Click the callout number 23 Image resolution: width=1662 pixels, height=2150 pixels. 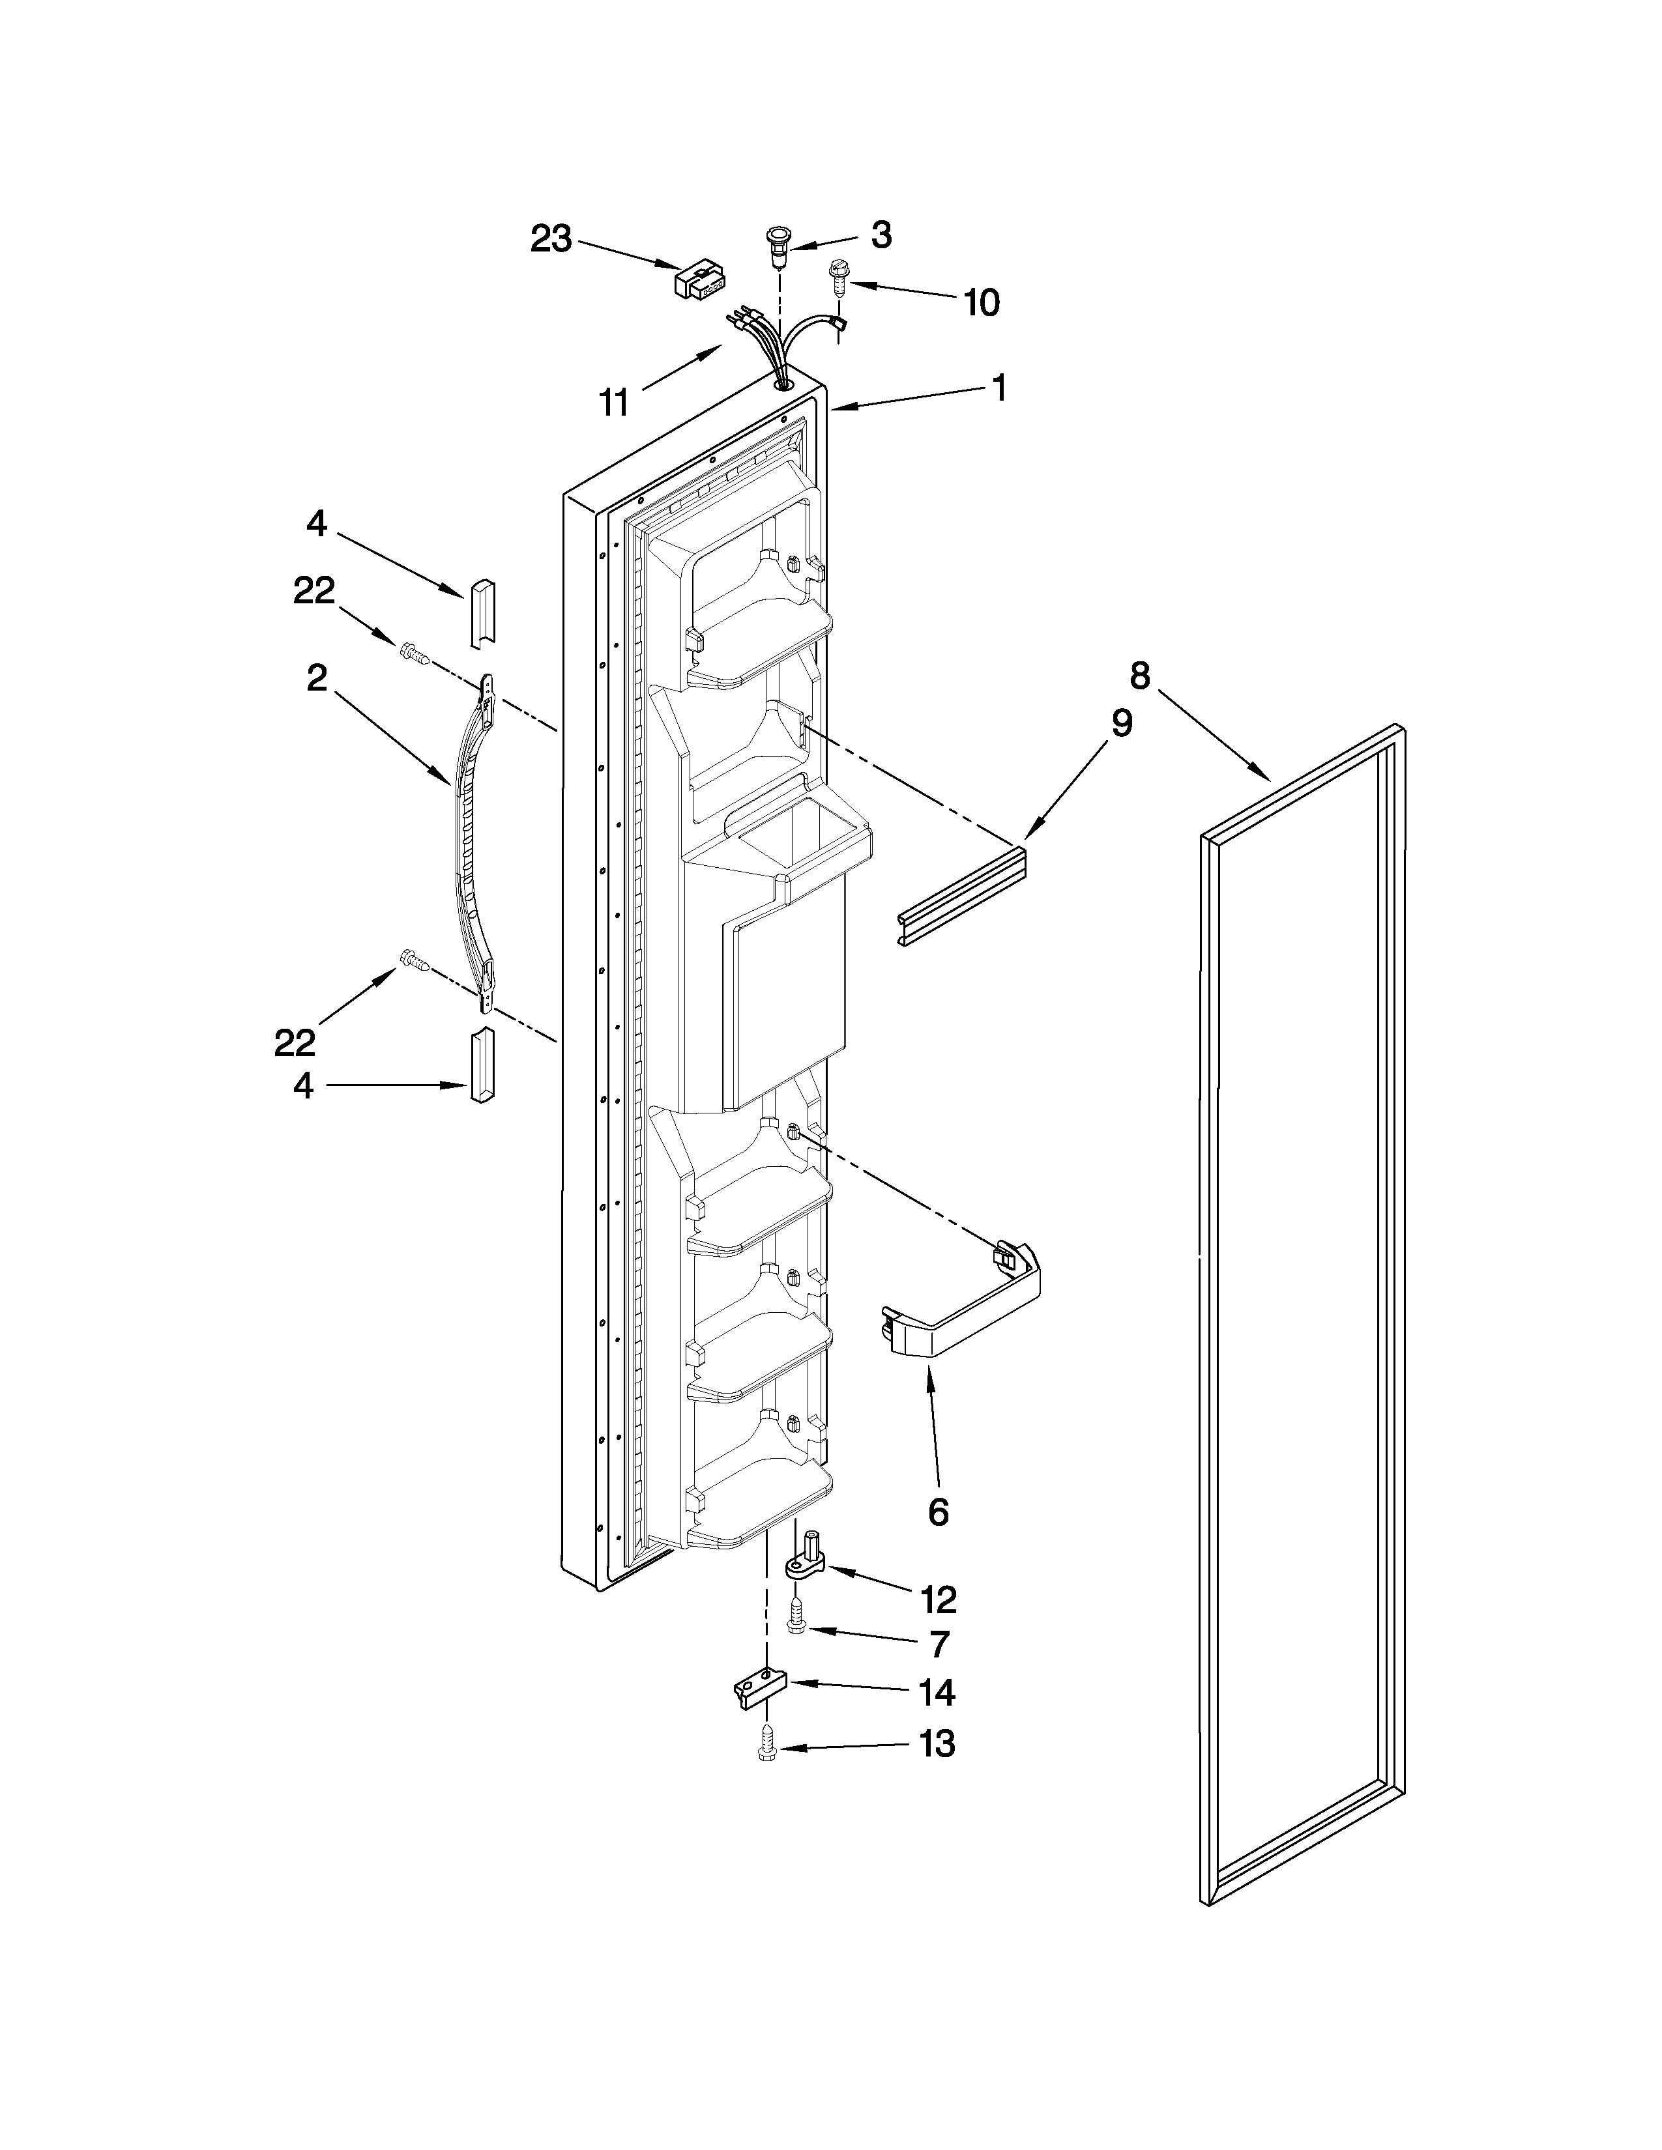551,238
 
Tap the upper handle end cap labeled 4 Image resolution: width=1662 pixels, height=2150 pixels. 482,613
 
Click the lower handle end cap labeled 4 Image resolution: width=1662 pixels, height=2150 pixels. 482,1065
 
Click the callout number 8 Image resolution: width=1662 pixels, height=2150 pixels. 1139,676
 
